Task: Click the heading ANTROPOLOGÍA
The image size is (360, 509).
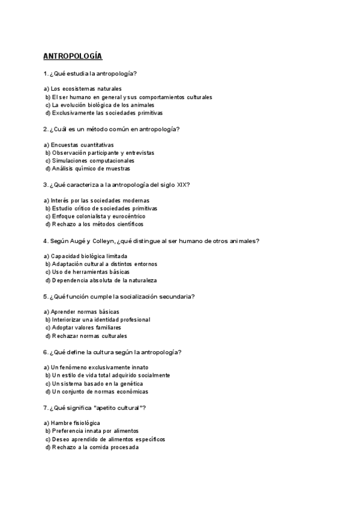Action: coord(73,56)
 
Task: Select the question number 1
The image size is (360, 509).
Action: coord(45,73)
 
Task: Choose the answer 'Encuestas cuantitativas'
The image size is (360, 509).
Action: coord(82,145)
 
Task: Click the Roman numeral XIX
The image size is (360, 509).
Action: coord(183,184)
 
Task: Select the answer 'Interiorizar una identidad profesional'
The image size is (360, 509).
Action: coord(100,320)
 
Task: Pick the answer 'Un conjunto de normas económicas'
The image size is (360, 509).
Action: coord(100,391)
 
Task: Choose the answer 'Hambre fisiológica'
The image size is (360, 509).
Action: coord(76,423)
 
